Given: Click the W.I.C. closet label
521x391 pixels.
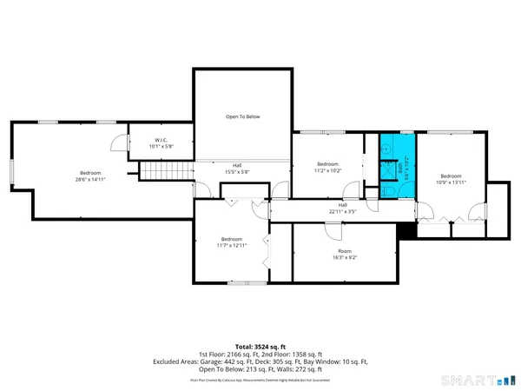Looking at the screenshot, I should pos(161,142).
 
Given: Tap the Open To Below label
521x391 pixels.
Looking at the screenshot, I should pos(243,116).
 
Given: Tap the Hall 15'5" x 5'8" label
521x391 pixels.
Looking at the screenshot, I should pos(237,169).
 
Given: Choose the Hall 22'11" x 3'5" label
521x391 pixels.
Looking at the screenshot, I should pos(344,209).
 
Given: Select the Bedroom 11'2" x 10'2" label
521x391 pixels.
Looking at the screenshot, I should pos(327,168).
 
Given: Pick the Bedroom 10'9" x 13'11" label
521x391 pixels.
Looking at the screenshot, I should pos(452,178).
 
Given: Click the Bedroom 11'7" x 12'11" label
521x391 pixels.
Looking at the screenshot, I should pos(231,242).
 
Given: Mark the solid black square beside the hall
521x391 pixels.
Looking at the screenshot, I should pos(401,230).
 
